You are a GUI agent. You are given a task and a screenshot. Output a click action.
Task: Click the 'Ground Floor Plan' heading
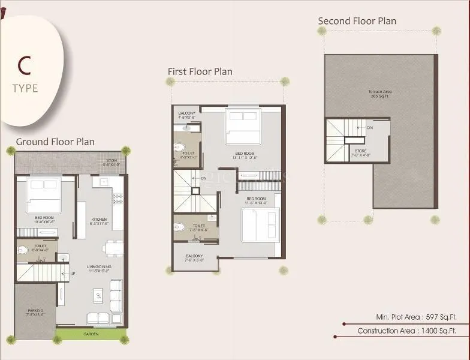point(55,142)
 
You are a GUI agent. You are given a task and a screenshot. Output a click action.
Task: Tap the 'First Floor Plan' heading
point(200,71)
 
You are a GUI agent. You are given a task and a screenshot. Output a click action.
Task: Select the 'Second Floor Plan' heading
point(357,21)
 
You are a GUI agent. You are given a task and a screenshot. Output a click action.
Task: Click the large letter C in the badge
point(25,63)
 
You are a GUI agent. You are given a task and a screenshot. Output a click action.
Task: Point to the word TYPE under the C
point(25,88)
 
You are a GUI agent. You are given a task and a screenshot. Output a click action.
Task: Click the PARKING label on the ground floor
point(35,311)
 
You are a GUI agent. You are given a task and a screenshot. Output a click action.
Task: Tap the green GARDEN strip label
point(91,334)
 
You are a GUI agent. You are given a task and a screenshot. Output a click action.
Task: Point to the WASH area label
point(112,161)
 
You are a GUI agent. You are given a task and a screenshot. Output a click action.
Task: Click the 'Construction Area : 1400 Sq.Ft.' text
point(406,331)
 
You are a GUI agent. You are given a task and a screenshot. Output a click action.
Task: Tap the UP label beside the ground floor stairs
point(73,274)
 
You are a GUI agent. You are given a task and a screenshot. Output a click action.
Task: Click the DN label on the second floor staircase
point(370,128)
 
